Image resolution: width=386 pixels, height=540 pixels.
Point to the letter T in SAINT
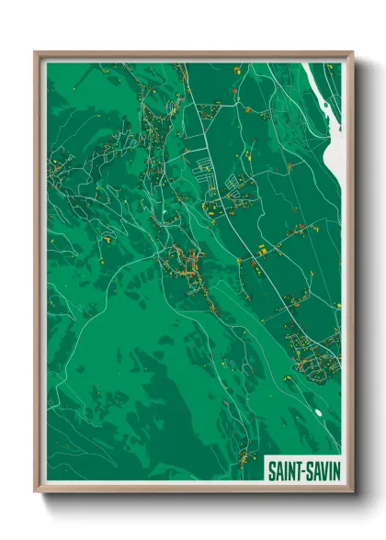296,469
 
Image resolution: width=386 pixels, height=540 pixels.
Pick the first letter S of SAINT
271,469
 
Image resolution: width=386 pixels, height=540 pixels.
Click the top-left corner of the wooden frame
35,52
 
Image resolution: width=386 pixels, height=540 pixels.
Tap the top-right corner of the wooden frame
353,52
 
